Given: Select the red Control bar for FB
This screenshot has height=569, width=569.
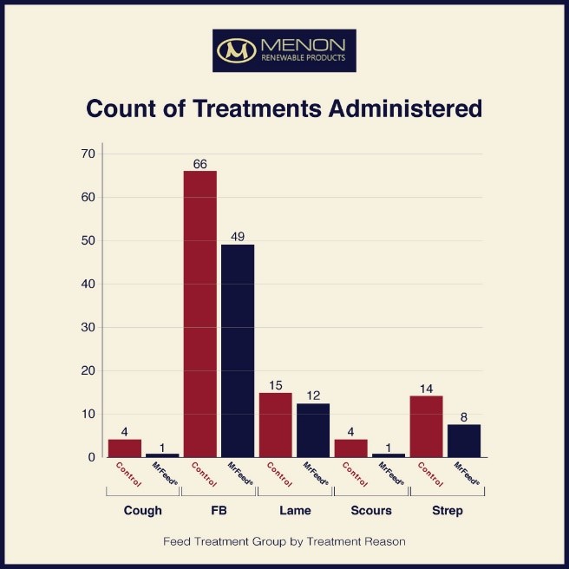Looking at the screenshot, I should pyautogui.click(x=200, y=313).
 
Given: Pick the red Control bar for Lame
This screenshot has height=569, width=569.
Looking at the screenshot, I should pyautogui.click(x=276, y=424).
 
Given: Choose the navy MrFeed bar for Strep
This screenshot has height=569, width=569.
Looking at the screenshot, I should pyautogui.click(x=463, y=441).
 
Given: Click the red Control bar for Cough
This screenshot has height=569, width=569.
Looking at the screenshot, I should pyautogui.click(x=125, y=448).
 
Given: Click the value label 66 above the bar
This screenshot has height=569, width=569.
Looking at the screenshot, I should pyautogui.click(x=200, y=163).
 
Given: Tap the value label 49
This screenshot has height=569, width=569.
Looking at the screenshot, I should pyautogui.click(x=238, y=237).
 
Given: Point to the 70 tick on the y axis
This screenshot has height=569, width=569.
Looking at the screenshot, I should pyautogui.click(x=88, y=154).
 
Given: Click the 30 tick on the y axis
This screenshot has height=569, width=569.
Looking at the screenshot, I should pyautogui.click(x=88, y=327).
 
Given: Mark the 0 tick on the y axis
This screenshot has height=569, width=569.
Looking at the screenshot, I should pyautogui.click(x=91, y=457).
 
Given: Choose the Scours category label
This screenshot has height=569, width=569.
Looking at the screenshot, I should pyautogui.click(x=370, y=511).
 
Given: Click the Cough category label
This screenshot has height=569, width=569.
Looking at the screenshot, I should pyautogui.click(x=143, y=511).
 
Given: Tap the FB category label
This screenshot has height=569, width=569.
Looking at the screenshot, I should pyautogui.click(x=219, y=511).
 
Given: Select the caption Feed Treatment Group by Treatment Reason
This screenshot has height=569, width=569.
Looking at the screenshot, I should pyautogui.click(x=284, y=541).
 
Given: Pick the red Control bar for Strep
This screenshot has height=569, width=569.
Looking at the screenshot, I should pyautogui.click(x=426, y=426).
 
